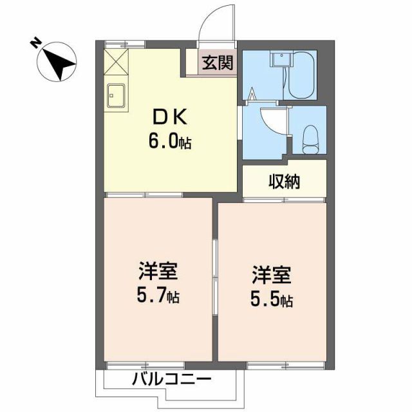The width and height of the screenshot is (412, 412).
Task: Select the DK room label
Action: pos(170,118)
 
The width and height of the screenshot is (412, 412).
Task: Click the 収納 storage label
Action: pos(284,182)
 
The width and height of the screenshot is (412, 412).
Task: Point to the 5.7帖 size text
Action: pos(158,296)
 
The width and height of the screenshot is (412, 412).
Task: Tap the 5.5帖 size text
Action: pos(271,300)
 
